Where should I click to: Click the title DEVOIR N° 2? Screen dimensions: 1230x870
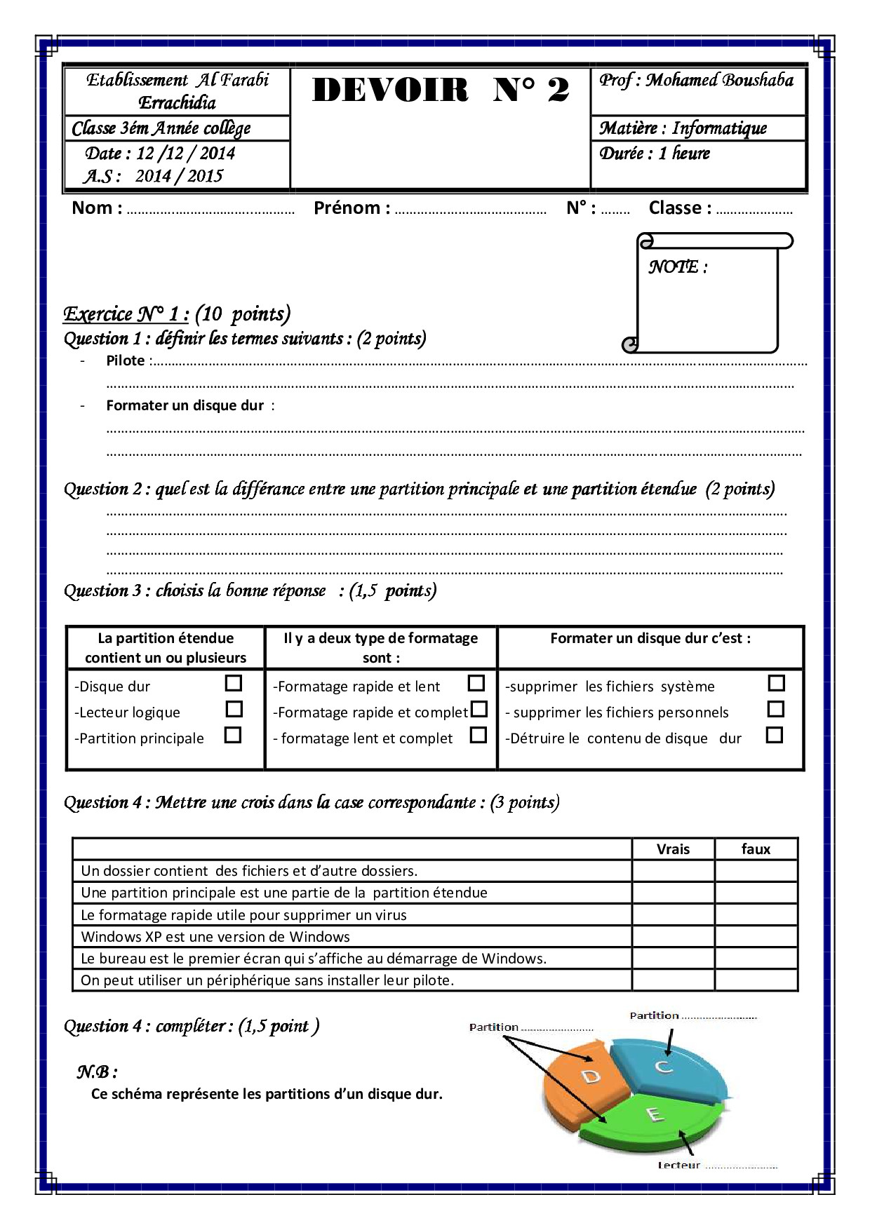click(x=440, y=90)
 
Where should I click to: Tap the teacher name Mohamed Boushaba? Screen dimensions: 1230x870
click(x=719, y=81)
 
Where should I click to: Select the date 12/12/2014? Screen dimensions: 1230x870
click(x=185, y=154)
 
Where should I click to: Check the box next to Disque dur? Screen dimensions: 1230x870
click(x=234, y=683)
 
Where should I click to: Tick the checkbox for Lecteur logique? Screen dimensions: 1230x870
click(x=234, y=709)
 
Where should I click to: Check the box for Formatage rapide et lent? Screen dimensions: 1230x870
click(x=476, y=683)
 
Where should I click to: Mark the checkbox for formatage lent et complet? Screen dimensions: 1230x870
click(x=479, y=735)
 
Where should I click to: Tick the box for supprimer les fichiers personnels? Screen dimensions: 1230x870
click(x=775, y=709)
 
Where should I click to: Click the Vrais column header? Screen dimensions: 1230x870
click(x=673, y=849)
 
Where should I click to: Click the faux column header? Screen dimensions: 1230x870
click(x=756, y=849)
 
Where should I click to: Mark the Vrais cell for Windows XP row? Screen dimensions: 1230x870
click(x=673, y=937)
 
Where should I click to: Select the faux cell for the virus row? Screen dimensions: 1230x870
click(x=756, y=915)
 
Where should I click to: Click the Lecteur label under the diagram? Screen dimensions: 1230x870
click(x=678, y=1165)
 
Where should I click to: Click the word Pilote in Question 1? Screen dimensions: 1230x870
click(x=126, y=361)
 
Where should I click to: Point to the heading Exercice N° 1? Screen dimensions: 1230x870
click(x=126, y=314)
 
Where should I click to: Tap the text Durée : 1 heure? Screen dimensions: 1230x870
click(x=654, y=154)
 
